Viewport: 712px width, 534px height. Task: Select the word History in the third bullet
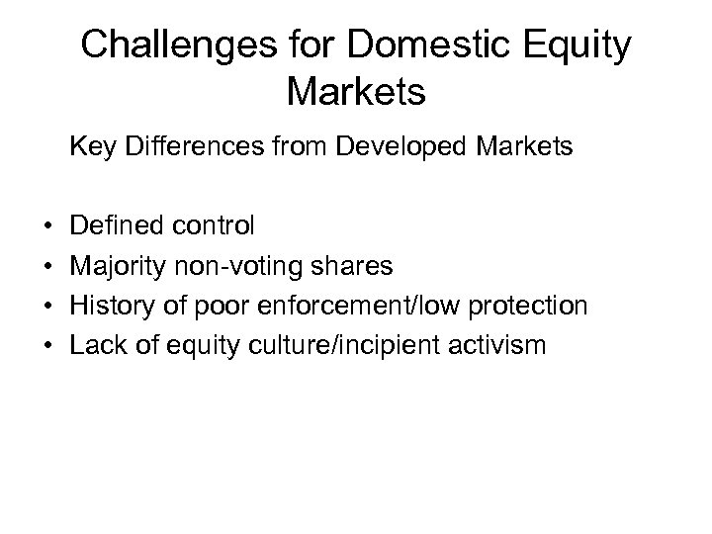point(110,307)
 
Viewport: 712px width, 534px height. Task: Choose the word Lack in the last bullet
point(95,345)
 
